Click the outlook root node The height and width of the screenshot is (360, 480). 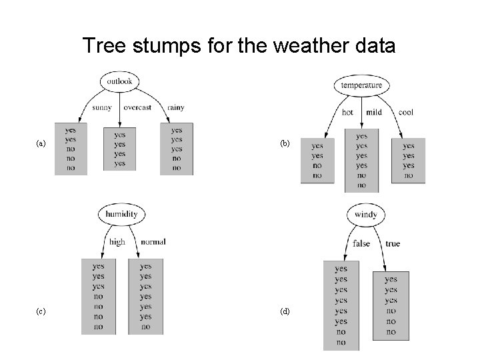point(119,82)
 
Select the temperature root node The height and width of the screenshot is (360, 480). point(361,85)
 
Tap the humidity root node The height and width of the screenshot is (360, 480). point(121,214)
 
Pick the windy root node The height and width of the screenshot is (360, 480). point(366,215)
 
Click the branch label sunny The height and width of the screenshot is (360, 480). point(102,107)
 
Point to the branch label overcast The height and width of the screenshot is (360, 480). point(137,107)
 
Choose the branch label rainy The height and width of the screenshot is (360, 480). point(176,107)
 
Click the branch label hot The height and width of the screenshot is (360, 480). point(347,112)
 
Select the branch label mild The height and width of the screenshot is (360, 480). point(373,112)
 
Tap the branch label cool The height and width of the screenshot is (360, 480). point(405,112)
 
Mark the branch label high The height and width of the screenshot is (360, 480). point(117,242)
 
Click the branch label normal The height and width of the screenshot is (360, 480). point(153,242)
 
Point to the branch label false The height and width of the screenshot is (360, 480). point(361,244)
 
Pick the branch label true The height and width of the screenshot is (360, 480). point(393,244)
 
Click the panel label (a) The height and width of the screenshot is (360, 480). point(41,143)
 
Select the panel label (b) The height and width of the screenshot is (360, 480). point(285,143)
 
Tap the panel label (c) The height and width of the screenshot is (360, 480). point(41,311)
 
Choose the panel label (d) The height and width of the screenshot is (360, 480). point(285,311)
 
